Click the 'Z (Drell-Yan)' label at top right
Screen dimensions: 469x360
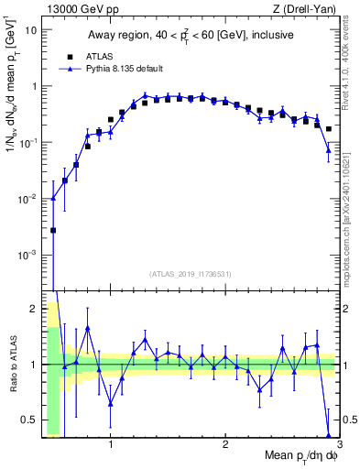307,9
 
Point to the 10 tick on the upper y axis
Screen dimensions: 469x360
30,29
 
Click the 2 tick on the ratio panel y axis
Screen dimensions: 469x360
32,308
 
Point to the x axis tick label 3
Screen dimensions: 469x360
338,446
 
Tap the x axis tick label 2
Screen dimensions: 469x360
225,446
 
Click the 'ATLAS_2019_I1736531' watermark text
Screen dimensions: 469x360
190,274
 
